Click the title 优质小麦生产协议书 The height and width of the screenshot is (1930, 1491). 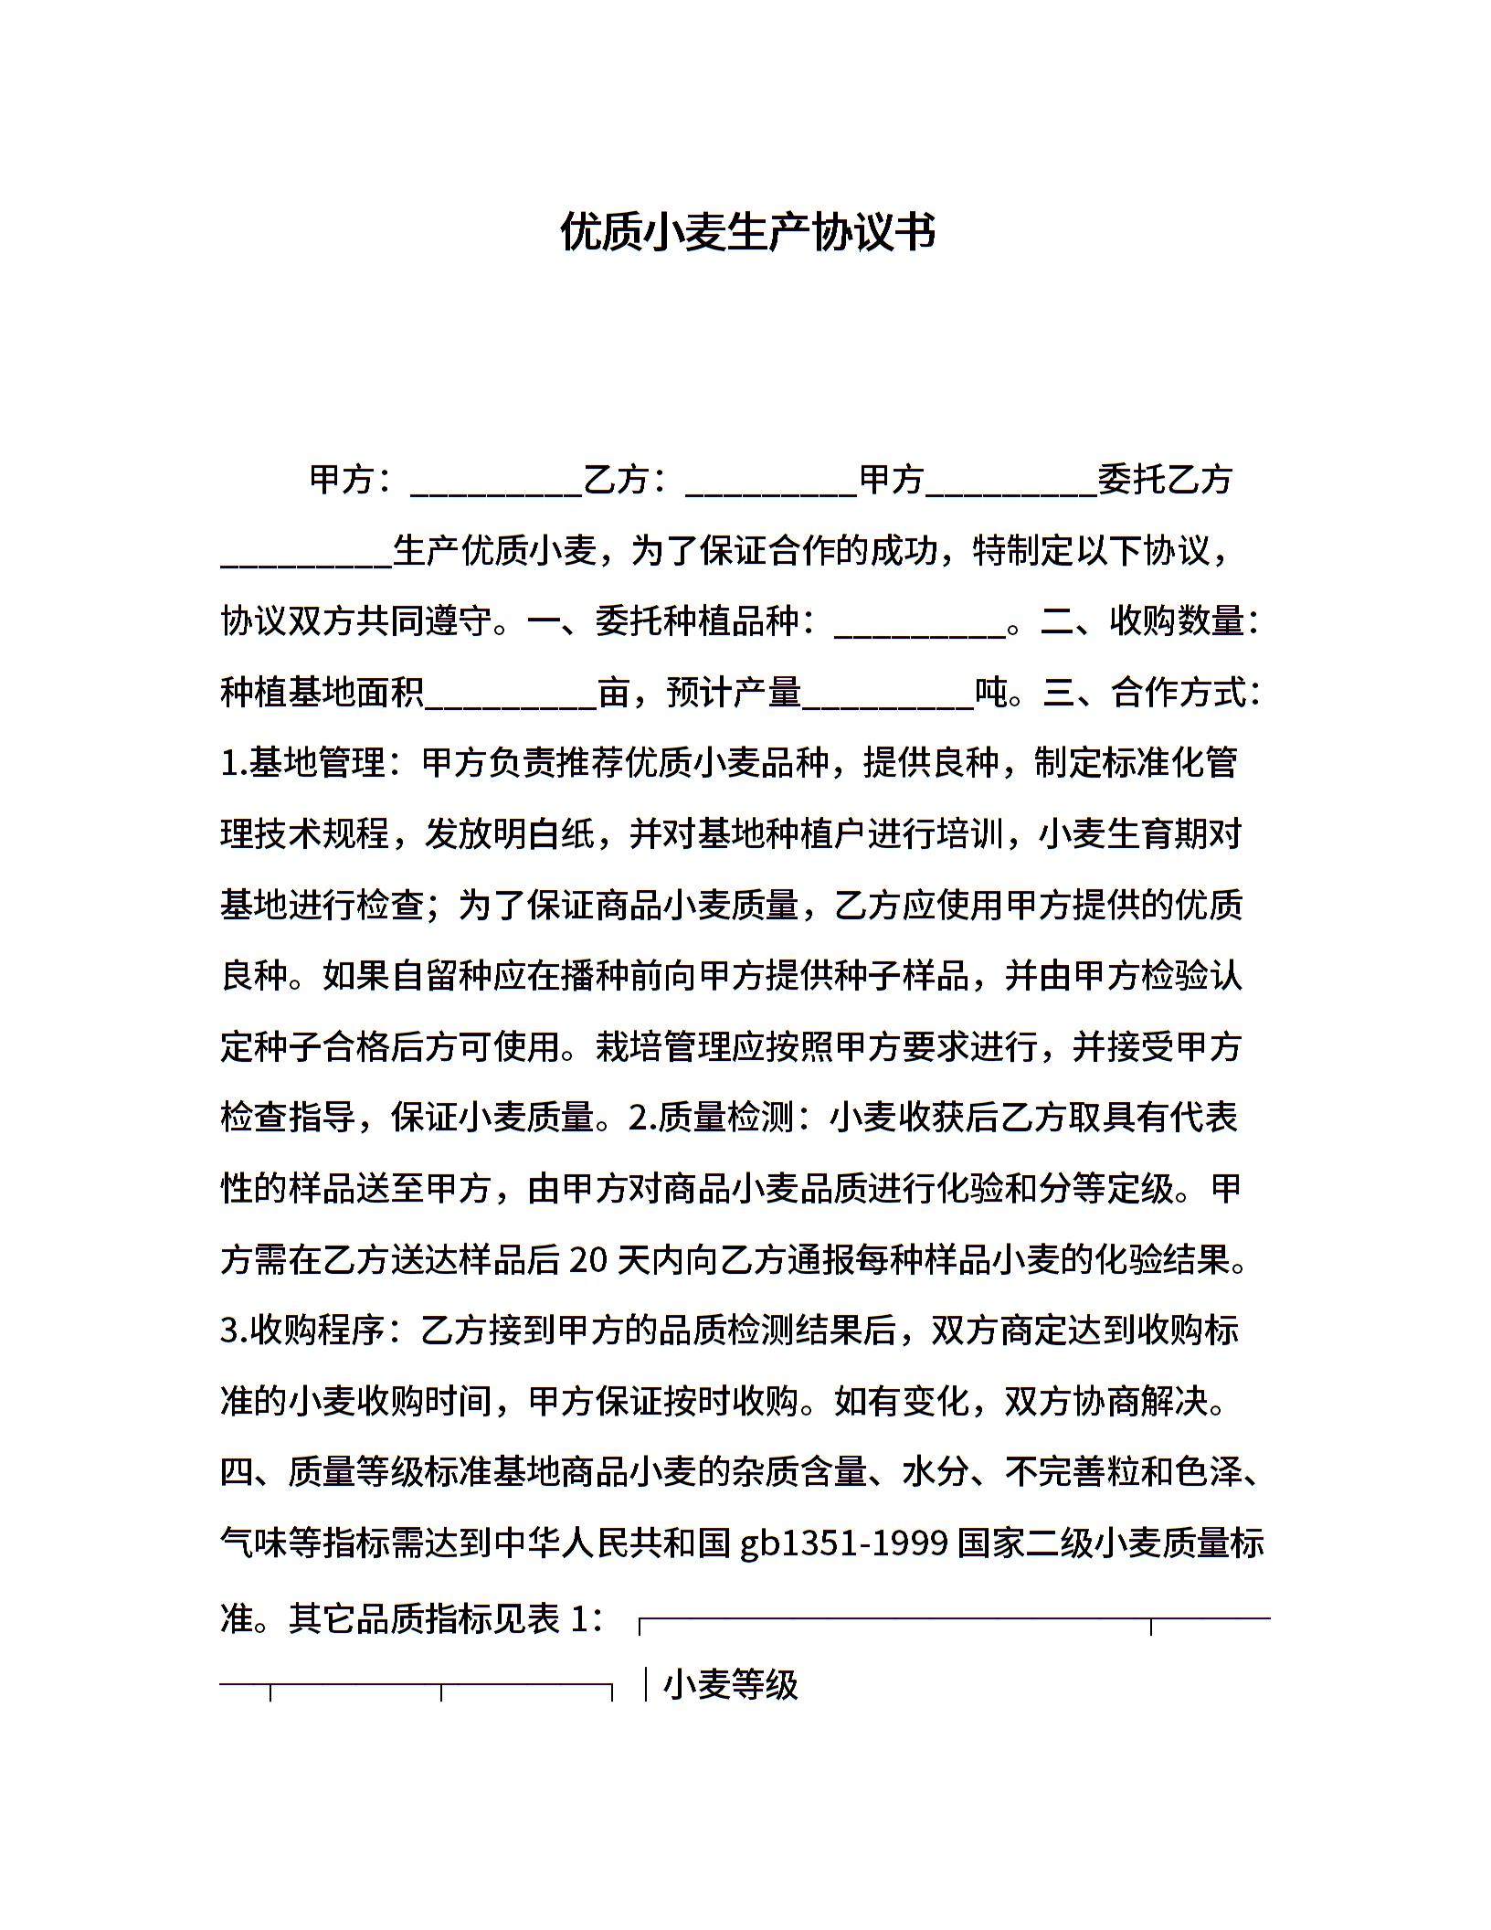(747, 233)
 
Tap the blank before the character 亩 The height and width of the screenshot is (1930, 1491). (512, 696)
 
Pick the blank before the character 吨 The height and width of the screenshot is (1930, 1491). (888, 696)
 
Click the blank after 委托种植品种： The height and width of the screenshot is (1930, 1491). (920, 626)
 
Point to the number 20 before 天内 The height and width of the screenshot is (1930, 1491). (587, 1261)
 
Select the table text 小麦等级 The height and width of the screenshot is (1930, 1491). (731, 1685)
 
